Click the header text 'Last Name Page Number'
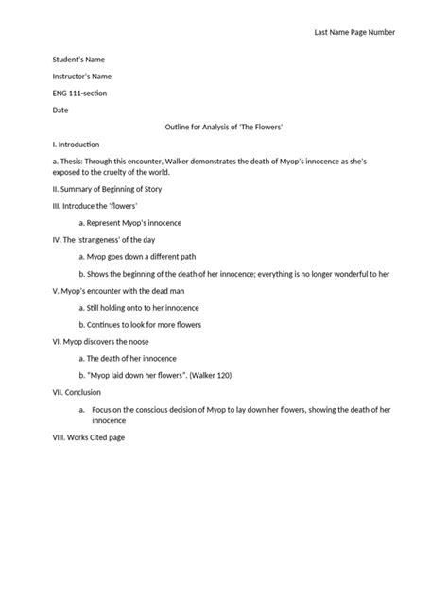[353, 32]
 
